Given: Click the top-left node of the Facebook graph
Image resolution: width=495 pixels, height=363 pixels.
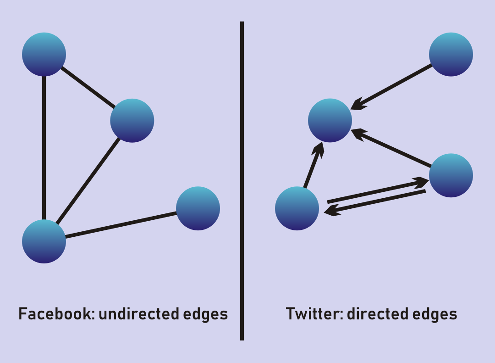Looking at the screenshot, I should coord(44,54).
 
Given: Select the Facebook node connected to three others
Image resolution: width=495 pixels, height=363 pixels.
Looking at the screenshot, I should coord(44,241).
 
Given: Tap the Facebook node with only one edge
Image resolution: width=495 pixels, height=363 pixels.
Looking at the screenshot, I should coord(198,208).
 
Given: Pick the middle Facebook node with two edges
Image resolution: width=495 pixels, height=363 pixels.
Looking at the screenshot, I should coord(132,121).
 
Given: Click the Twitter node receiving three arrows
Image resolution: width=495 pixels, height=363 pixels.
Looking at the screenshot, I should coord(330,121).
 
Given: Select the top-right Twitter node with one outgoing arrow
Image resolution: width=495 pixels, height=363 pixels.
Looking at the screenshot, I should coord(451,54).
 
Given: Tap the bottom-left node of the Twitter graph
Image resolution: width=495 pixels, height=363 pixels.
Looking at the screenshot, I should coord(297,208).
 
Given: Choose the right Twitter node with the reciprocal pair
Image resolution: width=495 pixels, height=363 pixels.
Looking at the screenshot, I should coord(451,175).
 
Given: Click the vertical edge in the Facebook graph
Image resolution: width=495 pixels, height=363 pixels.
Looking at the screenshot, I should coord(44,147).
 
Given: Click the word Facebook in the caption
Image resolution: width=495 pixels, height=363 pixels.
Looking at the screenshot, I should coord(55,314).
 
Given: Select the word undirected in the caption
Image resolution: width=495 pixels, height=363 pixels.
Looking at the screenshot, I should coord(138,314).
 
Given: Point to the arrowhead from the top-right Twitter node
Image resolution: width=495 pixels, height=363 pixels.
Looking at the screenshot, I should coord(359,104).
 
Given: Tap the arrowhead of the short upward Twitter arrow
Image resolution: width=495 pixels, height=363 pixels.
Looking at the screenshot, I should coord(319,150).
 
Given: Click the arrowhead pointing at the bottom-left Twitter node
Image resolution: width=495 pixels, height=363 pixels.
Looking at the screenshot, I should coord(332,210).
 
